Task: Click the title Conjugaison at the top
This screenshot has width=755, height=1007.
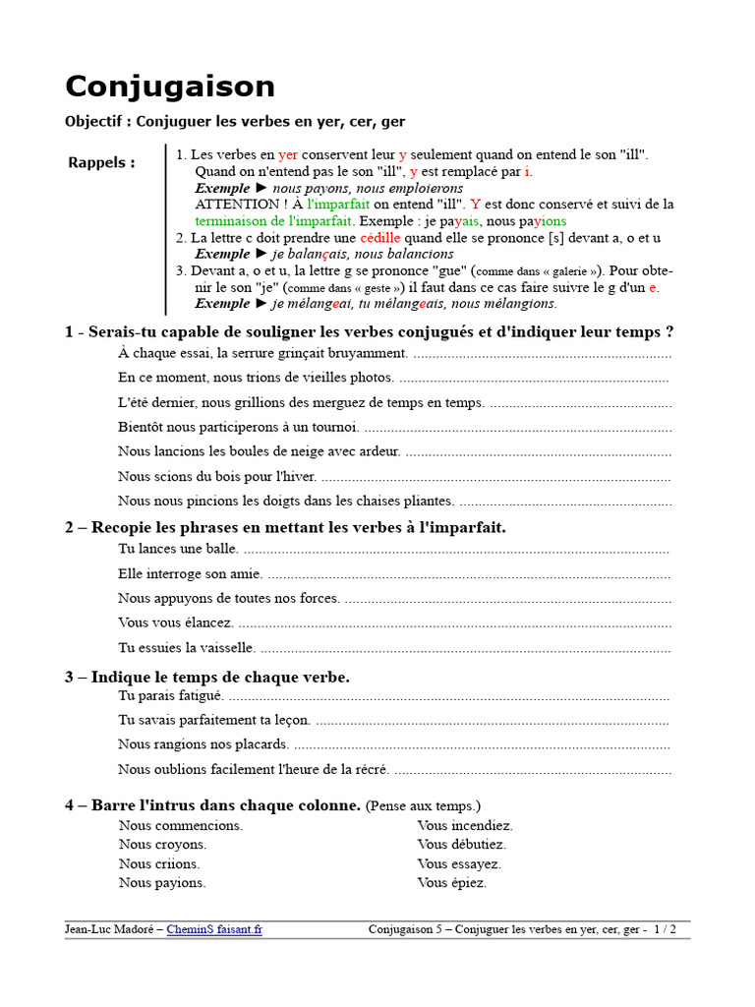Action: (x=170, y=87)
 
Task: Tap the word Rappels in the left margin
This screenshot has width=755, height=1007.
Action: (x=101, y=162)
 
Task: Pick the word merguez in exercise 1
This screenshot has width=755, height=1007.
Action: (x=355, y=402)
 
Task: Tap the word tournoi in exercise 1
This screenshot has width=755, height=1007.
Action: (x=333, y=427)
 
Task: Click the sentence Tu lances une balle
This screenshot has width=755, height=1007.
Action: (x=178, y=549)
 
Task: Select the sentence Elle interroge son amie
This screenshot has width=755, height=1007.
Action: (x=190, y=573)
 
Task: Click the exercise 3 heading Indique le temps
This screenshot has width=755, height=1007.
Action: (x=207, y=677)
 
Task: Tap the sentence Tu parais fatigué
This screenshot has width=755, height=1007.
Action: (x=171, y=695)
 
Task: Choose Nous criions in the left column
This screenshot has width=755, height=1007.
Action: (x=159, y=863)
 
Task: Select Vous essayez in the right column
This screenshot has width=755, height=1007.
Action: (x=459, y=863)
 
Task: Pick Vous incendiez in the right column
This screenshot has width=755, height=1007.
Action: (x=465, y=826)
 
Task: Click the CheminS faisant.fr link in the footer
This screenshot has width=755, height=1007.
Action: (x=214, y=929)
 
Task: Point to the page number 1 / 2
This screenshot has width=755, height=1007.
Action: (x=665, y=929)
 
